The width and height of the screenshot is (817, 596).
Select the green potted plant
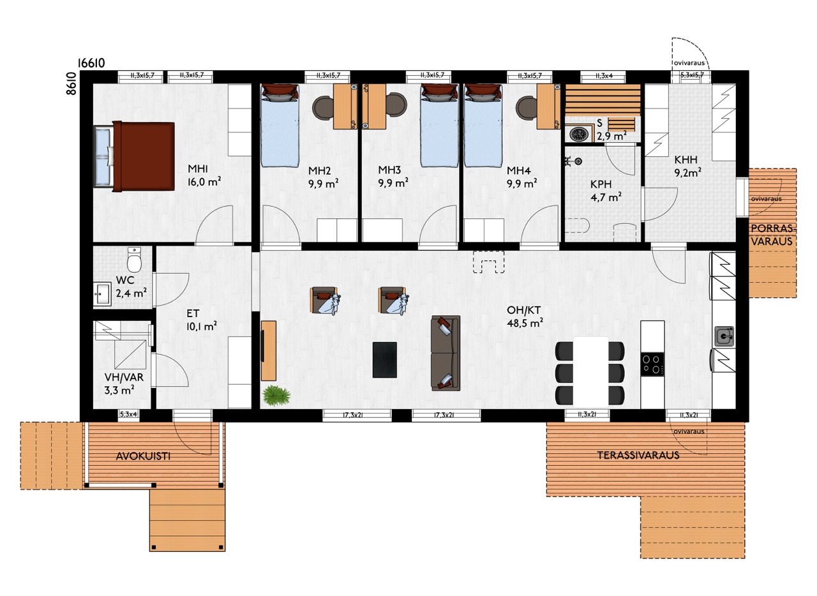[x=276, y=396]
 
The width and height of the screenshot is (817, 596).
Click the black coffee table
[x=384, y=360]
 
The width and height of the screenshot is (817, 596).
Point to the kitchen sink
[x=724, y=336]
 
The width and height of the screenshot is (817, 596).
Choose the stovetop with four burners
[x=652, y=364]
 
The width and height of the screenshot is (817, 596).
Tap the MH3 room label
[x=389, y=170]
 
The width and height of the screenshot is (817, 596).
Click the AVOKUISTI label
[x=143, y=456]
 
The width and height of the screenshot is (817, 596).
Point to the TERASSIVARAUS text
[x=638, y=455]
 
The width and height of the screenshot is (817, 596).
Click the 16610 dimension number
[x=91, y=63]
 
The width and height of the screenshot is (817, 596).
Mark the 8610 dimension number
[x=71, y=84]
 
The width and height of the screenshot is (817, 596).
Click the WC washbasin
[x=102, y=294]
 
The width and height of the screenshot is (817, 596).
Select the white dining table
[x=590, y=372]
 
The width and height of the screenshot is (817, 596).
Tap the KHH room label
[x=686, y=160]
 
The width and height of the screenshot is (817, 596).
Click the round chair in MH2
[x=323, y=107]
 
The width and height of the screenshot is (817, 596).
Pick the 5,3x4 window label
[x=128, y=414]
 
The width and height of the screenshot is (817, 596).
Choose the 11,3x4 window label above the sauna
[x=604, y=76]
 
